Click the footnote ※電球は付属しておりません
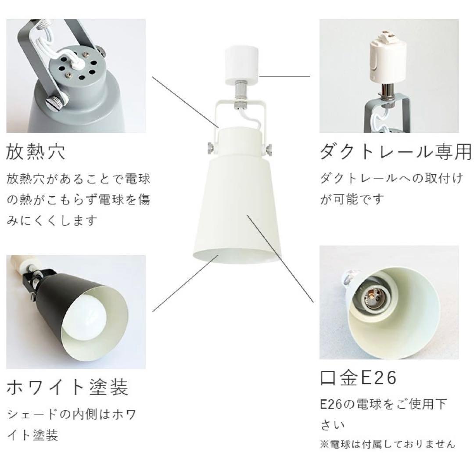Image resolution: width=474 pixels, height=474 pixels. coord(388,444)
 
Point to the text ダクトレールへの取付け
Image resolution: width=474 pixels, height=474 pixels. coord(391,179)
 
